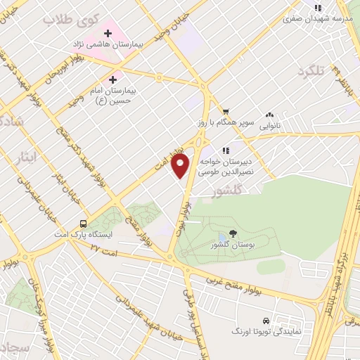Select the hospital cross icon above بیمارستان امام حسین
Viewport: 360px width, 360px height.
tap(112, 79)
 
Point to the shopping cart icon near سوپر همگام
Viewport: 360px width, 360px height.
tap(226, 111)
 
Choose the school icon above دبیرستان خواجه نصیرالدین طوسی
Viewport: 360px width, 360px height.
tap(226, 149)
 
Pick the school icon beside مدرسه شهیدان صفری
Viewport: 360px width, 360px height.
tap(318, 8)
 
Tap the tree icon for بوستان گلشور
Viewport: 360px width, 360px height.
tap(233, 233)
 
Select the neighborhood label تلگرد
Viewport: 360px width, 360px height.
tap(314, 71)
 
